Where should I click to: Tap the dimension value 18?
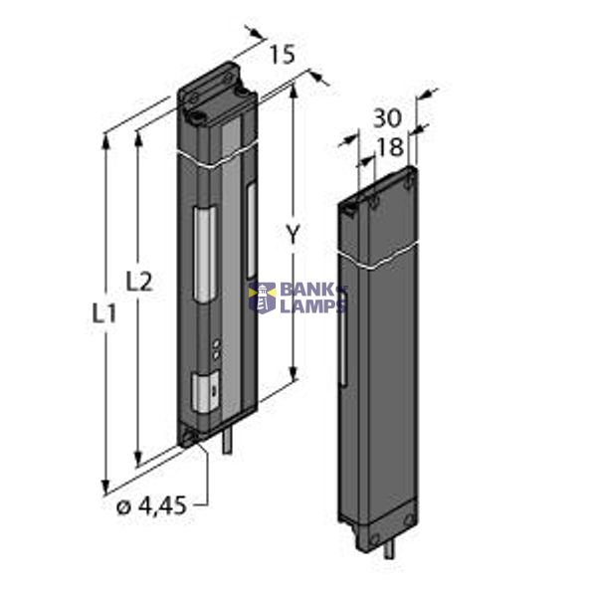tap(391, 147)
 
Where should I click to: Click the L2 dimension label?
tap(139, 282)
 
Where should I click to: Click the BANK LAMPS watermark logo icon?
tap(263, 297)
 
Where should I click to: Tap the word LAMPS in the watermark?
tap(311, 306)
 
